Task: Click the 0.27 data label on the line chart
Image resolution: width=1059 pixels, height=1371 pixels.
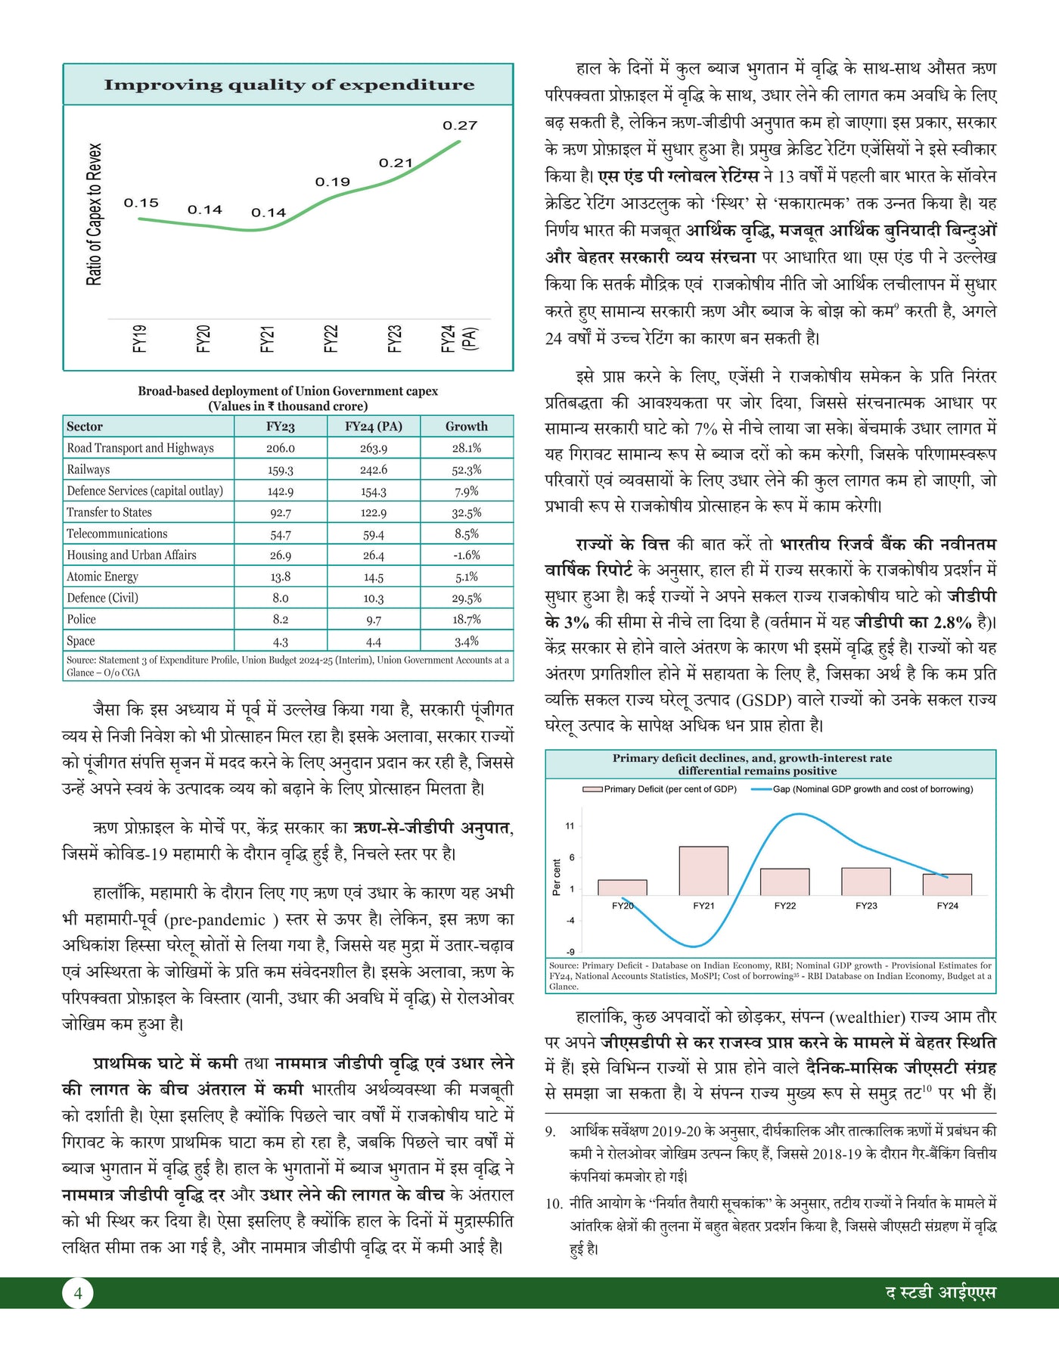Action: [x=460, y=126]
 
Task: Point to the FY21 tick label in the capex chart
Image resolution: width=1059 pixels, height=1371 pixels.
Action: [x=267, y=338]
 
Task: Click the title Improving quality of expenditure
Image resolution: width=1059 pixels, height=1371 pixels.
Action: [x=289, y=85]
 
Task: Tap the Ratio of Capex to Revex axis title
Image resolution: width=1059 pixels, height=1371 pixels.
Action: [x=94, y=214]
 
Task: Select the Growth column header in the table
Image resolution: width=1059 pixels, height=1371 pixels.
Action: [x=466, y=426]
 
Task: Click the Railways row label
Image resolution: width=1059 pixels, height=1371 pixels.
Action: [x=89, y=469]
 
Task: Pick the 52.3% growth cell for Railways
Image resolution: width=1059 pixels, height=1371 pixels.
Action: [x=467, y=469]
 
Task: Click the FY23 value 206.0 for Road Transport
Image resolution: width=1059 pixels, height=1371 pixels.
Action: [x=280, y=448]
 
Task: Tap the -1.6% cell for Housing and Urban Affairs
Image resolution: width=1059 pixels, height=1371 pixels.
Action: [x=467, y=555]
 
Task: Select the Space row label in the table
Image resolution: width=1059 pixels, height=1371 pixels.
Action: [x=81, y=641]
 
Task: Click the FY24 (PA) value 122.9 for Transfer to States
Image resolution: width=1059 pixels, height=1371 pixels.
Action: [x=373, y=512]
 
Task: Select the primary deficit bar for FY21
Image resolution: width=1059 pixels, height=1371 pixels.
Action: [x=703, y=870]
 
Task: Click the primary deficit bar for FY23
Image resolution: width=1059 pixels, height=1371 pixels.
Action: [x=866, y=881]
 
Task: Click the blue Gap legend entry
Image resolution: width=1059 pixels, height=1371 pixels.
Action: [x=862, y=789]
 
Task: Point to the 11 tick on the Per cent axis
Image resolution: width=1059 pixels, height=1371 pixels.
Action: [x=570, y=826]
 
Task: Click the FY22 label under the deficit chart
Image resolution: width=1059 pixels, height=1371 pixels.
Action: [x=785, y=906]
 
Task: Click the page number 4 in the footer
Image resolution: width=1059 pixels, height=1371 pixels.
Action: [x=78, y=1293]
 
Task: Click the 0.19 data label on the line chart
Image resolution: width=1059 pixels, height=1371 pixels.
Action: [x=333, y=182]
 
